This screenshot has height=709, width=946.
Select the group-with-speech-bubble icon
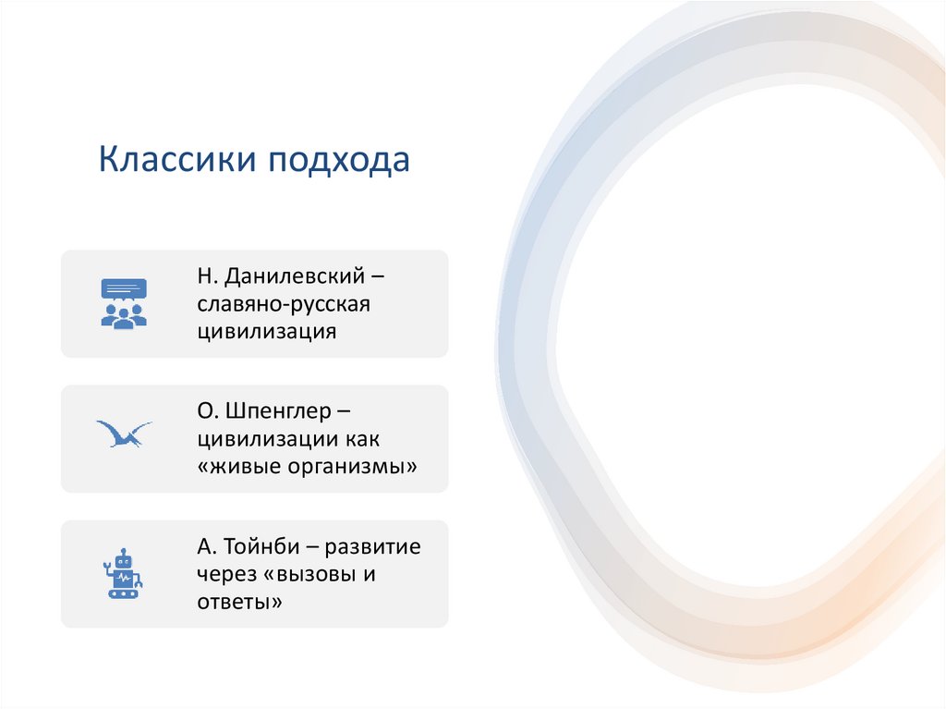click(x=124, y=303)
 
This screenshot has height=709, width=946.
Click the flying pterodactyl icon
click(x=124, y=434)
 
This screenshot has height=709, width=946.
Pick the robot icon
click(x=123, y=574)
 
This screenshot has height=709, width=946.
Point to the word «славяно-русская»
click(x=283, y=304)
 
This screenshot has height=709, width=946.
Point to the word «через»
click(x=225, y=574)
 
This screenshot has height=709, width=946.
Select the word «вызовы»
click(x=308, y=574)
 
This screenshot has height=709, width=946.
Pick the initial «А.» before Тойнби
click(x=204, y=547)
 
